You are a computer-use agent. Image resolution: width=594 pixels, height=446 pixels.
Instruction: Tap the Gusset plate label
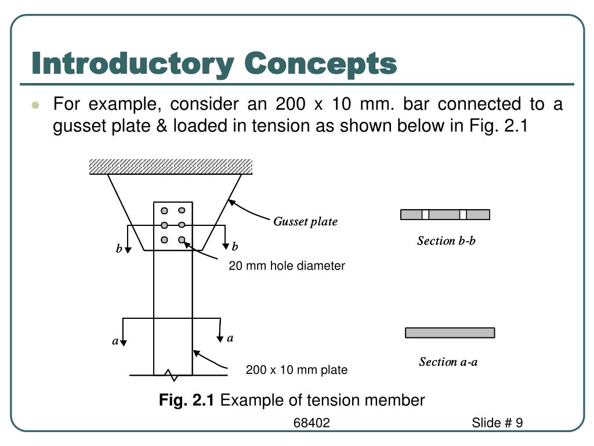[x=305, y=221]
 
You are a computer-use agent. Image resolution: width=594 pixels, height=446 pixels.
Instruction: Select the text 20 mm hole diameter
[x=287, y=266]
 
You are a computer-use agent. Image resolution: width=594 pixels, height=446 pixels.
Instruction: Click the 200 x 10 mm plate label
[x=296, y=370]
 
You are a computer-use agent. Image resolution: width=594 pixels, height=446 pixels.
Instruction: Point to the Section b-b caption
[x=446, y=240]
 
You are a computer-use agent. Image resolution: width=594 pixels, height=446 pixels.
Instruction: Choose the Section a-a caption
[x=448, y=362]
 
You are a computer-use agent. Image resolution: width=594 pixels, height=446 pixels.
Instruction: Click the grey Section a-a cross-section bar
[x=450, y=333]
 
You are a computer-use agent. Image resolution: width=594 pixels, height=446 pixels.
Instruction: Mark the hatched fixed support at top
[x=170, y=167]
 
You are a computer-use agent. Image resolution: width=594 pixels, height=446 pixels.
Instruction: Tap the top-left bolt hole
[x=165, y=211]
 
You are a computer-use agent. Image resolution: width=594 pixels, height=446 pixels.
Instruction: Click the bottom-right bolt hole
[x=182, y=240]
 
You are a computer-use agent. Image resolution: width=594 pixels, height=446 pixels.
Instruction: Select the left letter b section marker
[x=119, y=249]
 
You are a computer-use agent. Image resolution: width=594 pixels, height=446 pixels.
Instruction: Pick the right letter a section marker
[x=230, y=338]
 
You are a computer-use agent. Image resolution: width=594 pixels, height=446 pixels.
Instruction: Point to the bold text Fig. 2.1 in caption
[x=187, y=400]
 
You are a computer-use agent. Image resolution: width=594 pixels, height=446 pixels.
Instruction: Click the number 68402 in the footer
[x=312, y=423]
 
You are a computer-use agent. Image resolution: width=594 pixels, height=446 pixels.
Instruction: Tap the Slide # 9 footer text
[x=497, y=423]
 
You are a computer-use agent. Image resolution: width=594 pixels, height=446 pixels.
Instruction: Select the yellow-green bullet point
[x=36, y=105]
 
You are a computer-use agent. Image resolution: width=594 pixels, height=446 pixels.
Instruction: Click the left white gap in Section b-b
[x=425, y=215]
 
